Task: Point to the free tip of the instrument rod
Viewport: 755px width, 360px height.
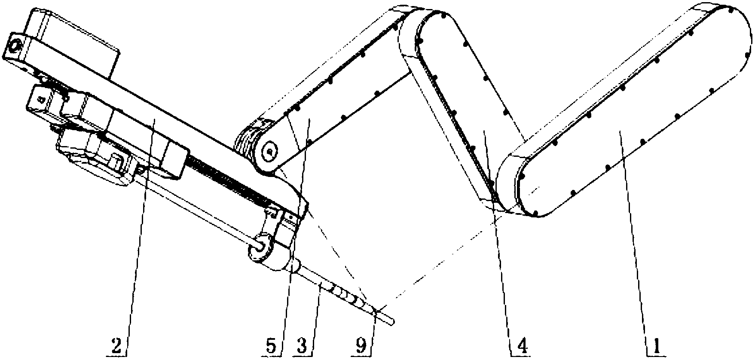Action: coord(394,321)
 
